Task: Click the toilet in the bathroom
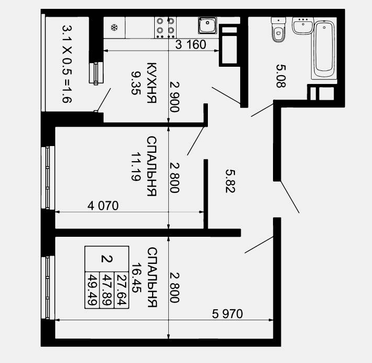point(278,29)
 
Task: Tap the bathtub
point(324,49)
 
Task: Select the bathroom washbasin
point(303,26)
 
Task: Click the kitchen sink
point(207,26)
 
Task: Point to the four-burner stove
point(165,28)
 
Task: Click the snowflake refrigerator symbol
point(114,28)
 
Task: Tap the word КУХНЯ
point(152,83)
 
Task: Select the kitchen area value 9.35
point(135,83)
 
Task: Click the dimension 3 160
point(191,45)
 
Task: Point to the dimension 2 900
point(175,97)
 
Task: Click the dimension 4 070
point(103,205)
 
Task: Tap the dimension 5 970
point(227,314)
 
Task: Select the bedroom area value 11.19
point(136,167)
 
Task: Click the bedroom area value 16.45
point(137,277)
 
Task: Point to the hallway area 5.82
point(230,181)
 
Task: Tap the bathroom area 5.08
point(281,76)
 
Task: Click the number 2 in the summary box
point(107,259)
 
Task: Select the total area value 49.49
point(92,289)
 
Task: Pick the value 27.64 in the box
point(122,289)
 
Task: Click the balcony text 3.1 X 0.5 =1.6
point(67,64)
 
